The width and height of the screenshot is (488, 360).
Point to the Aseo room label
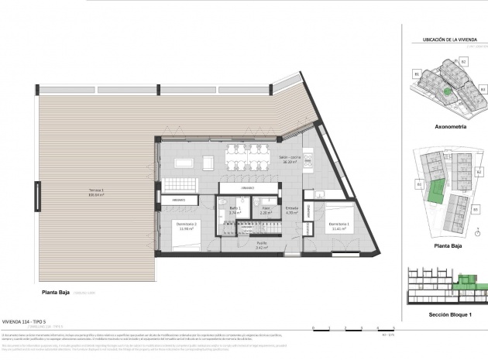(x=265, y=210)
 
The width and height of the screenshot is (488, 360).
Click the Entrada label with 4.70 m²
(x=291, y=210)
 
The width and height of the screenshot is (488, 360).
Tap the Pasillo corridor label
(x=262, y=247)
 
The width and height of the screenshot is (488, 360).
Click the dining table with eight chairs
(x=248, y=156)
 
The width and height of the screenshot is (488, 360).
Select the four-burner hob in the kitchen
(x=308, y=160)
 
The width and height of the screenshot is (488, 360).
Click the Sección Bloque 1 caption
(x=448, y=316)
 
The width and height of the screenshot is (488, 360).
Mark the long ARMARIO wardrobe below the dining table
(x=248, y=188)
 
